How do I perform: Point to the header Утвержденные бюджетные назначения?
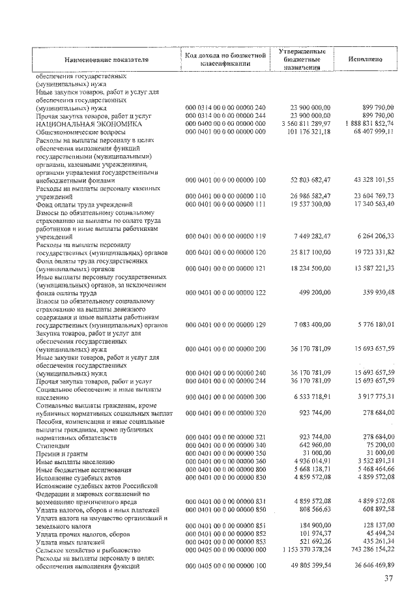coord(302,59)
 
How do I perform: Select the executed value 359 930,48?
coord(373,293)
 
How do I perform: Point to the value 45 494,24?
coord(376,535)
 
